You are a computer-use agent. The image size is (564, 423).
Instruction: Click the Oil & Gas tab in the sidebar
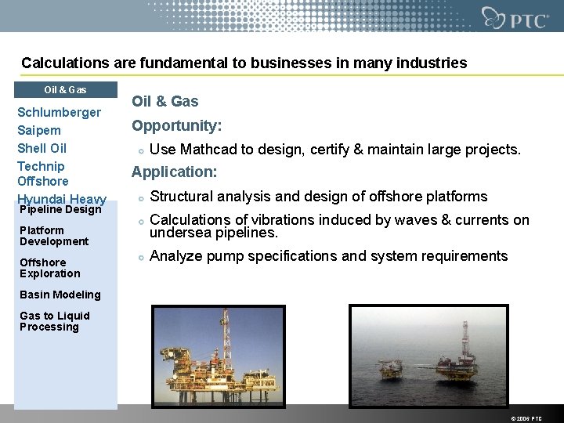pos(65,90)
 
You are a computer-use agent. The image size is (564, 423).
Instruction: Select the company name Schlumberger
pos(59,112)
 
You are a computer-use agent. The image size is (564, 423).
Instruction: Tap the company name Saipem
pos(39,130)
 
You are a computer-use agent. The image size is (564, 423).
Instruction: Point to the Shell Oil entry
pos(42,148)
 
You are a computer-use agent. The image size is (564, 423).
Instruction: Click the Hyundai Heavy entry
pos(61,199)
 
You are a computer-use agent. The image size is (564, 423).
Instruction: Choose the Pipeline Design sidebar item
pos(60,209)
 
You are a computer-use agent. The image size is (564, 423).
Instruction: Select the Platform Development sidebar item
pos(54,236)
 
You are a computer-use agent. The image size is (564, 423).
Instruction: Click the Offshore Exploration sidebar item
pos(49,268)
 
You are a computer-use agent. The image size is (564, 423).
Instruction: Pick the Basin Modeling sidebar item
pos(60,295)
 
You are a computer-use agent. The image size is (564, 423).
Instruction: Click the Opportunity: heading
pos(176,125)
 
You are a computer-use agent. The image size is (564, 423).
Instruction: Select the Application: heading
pos(174,172)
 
